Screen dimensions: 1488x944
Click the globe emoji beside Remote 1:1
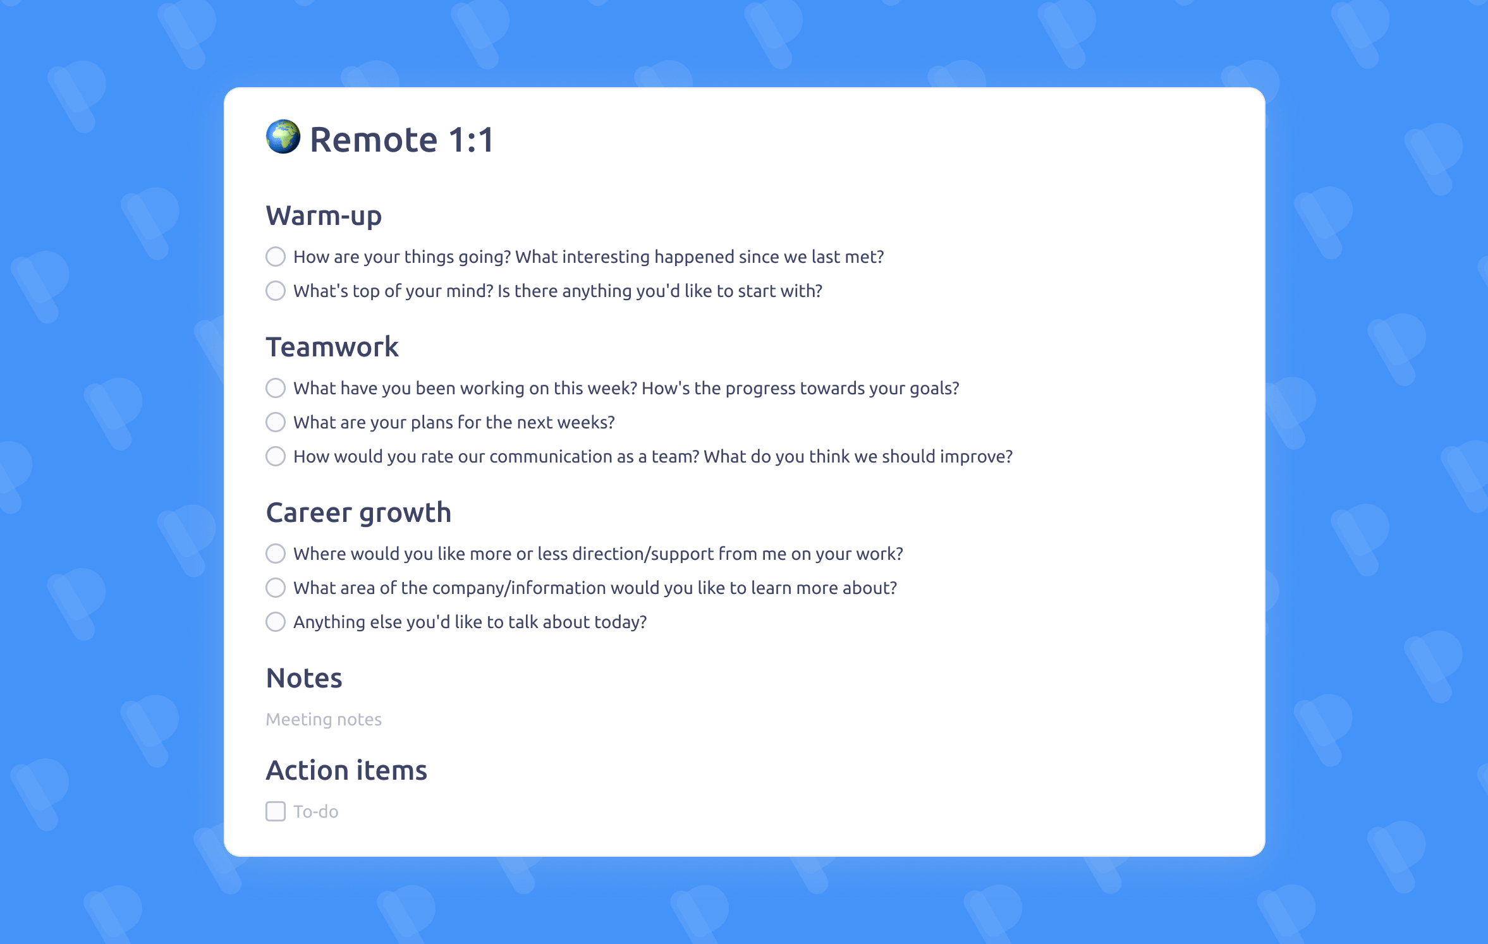283,136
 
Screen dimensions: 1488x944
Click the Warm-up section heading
324,216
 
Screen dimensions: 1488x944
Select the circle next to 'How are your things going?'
276,257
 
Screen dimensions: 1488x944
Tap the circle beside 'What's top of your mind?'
276,291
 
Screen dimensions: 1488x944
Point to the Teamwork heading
332,347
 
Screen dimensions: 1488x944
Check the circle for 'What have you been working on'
276,388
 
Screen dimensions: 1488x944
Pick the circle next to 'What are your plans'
276,422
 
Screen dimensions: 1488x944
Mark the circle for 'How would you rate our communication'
276,456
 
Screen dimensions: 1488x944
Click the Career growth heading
358,513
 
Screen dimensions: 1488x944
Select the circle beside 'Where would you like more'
276,554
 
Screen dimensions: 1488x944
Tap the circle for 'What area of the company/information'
276,588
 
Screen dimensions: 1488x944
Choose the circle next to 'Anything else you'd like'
276,622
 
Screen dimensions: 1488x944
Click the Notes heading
304,678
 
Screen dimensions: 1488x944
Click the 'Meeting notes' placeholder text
324,720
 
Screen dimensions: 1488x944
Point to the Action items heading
346,770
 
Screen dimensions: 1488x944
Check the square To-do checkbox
276,811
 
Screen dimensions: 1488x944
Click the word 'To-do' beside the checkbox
316,811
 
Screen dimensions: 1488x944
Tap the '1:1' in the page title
471,140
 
